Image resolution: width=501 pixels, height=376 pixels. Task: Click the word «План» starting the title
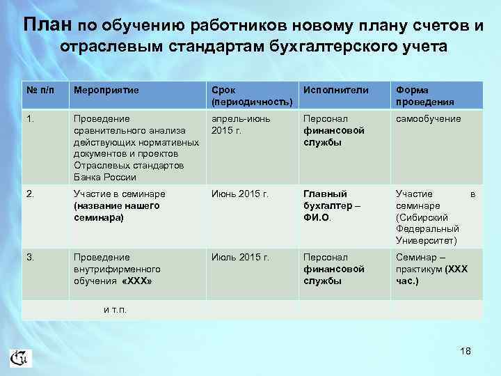pos(47,26)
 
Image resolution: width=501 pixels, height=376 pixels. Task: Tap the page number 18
pos(466,351)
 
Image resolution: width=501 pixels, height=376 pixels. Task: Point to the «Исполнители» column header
pos(335,90)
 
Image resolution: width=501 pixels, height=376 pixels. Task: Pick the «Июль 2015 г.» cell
pos(240,258)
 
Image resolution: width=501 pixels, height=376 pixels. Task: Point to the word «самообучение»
pos(428,119)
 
